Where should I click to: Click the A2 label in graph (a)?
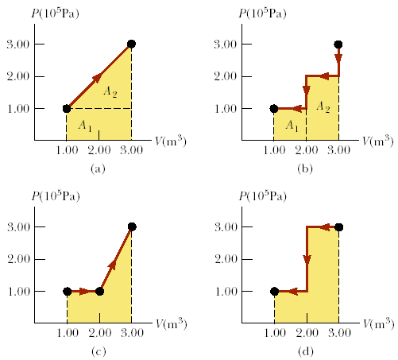(x=110, y=93)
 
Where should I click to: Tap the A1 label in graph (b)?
(x=292, y=125)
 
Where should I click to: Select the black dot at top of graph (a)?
(x=131, y=45)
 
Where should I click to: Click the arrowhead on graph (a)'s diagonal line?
(x=98, y=77)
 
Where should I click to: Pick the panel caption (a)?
(x=99, y=168)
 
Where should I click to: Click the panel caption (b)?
(x=306, y=168)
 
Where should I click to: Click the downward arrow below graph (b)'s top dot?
(x=338, y=58)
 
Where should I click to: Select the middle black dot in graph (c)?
(x=99, y=291)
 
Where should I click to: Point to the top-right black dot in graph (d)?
(x=338, y=227)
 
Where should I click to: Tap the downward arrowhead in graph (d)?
(x=307, y=260)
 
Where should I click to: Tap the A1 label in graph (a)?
(x=83, y=125)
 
